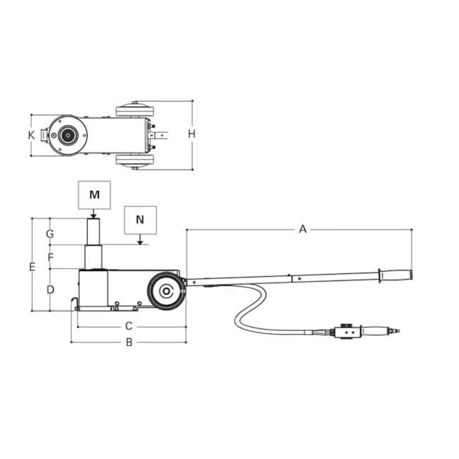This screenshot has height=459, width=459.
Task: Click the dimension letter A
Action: pyautogui.click(x=303, y=229)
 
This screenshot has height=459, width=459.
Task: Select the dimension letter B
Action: pyautogui.click(x=129, y=342)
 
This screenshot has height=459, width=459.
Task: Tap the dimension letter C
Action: pyautogui.click(x=129, y=326)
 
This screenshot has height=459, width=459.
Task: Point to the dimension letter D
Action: pyautogui.click(x=50, y=290)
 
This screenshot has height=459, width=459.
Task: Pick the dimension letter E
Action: pyautogui.click(x=32, y=267)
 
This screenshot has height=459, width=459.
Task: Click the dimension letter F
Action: pyautogui.click(x=51, y=257)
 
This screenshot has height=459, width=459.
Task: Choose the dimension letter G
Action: pyautogui.click(x=50, y=234)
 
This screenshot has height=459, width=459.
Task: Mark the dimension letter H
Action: pyautogui.click(x=192, y=134)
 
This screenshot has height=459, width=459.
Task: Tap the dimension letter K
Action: pyautogui.click(x=31, y=136)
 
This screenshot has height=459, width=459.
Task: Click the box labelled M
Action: pyautogui.click(x=94, y=195)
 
